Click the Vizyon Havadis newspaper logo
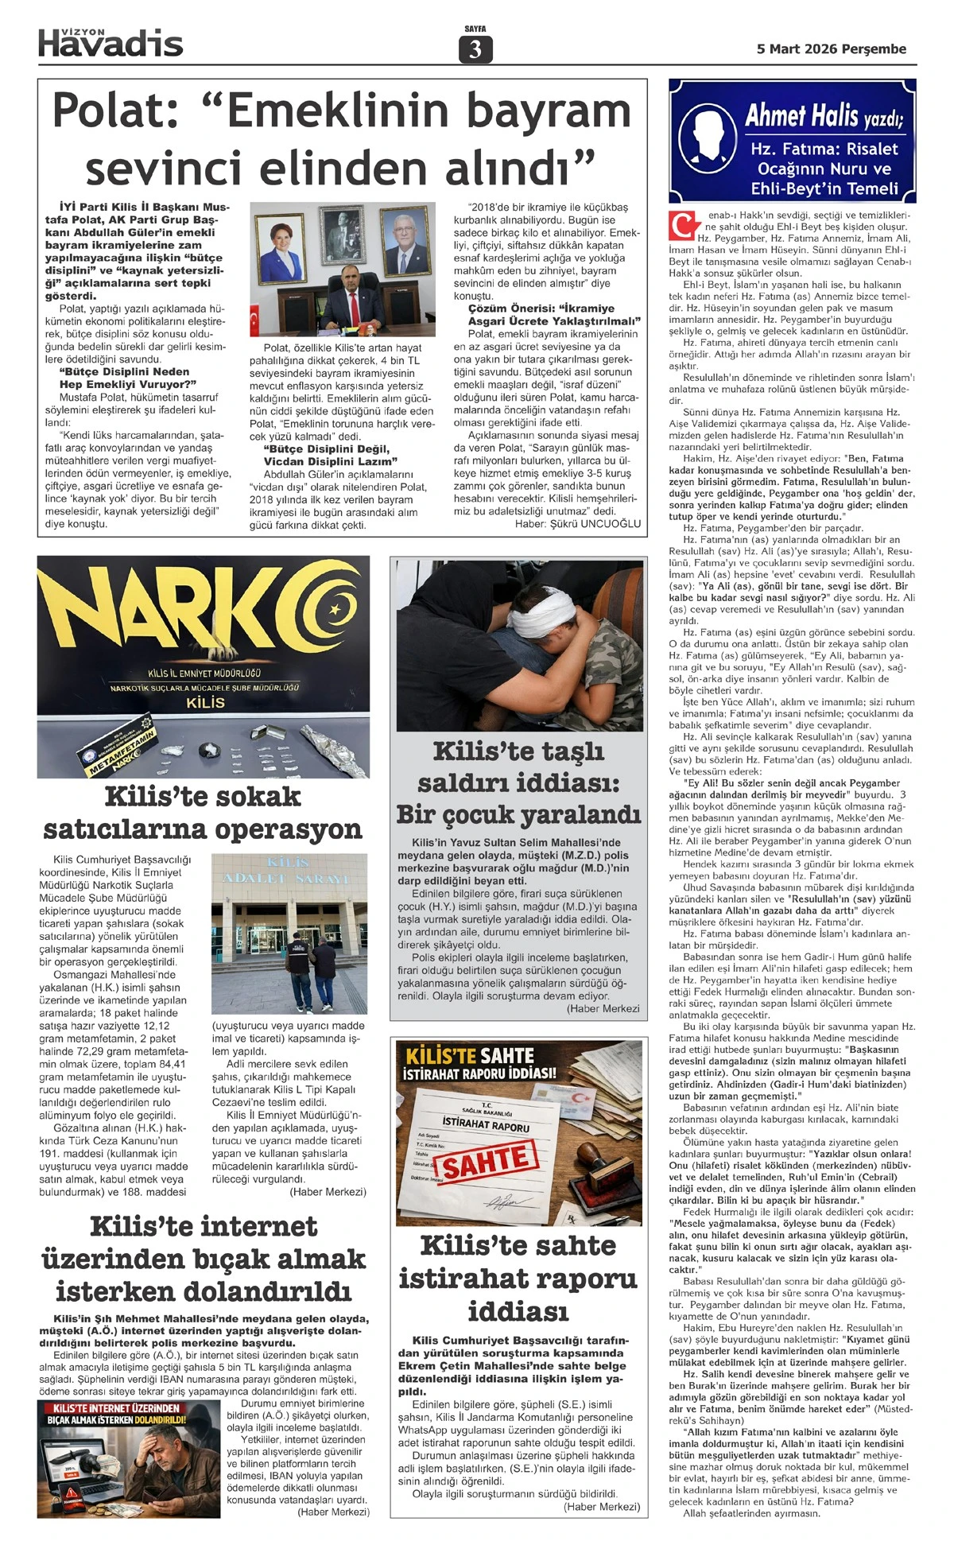(x=111, y=43)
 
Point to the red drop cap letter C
(x=681, y=225)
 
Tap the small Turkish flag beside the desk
(x=256, y=321)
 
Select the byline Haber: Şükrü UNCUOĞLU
(x=578, y=524)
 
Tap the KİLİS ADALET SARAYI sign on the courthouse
(x=289, y=870)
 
